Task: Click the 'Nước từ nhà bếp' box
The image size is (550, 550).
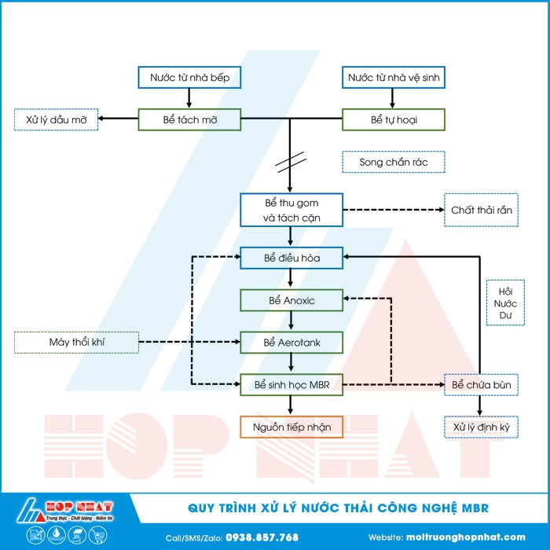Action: tap(189, 77)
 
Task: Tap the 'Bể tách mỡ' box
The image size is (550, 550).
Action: tap(189, 119)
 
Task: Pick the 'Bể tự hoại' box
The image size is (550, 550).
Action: tap(394, 119)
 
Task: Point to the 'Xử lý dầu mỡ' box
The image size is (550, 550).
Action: tap(57, 119)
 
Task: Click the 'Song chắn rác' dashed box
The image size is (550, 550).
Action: tap(394, 162)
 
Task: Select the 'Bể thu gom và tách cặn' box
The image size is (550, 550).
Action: tap(291, 210)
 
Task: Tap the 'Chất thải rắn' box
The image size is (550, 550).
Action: tap(481, 210)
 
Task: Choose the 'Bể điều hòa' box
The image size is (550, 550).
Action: tap(291, 257)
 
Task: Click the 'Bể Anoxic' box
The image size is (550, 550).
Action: tap(291, 299)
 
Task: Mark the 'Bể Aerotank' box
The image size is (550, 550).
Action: tap(291, 342)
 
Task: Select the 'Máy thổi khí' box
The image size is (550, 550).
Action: tap(76, 342)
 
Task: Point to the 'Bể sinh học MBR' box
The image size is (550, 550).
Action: tap(291, 384)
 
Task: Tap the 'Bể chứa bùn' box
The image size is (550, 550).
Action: tap(481, 384)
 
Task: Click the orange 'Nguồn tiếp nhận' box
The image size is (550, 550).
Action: tap(291, 427)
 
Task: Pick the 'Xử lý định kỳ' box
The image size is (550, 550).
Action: tap(481, 427)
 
